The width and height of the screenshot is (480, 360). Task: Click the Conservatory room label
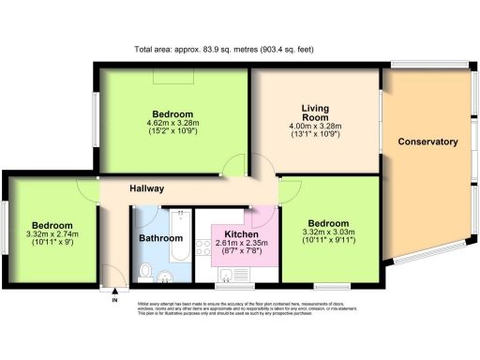pos(427,142)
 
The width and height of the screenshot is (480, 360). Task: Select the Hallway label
pos(147,188)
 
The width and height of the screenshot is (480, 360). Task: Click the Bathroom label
pos(160,239)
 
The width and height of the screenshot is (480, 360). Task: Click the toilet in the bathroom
pos(144,272)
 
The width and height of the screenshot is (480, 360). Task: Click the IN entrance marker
pos(114,301)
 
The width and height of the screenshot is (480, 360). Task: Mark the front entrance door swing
pos(113,278)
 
